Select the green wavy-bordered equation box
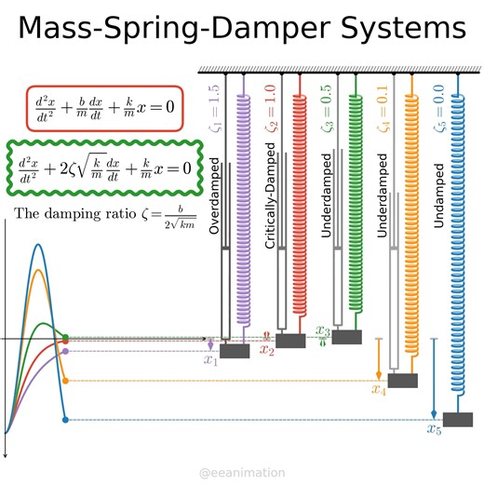[103, 168]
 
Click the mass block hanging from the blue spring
[458, 419]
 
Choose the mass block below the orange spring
[402, 381]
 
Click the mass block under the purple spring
[233, 351]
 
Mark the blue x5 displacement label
[435, 429]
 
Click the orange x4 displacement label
[379, 390]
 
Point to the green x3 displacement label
[323, 331]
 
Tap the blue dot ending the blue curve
[64, 421]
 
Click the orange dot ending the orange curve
[65, 381]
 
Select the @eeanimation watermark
[242, 473]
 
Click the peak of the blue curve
[37, 245]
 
